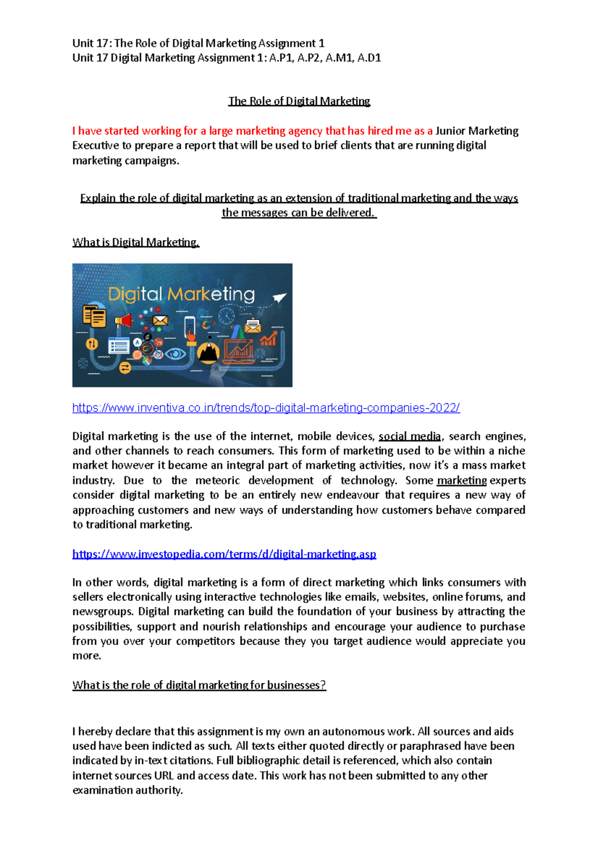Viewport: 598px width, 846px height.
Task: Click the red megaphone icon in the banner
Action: (x=124, y=320)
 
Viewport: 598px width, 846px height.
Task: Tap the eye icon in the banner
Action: (x=175, y=354)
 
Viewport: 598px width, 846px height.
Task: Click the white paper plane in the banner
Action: (x=280, y=297)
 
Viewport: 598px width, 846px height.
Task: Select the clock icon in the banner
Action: (x=227, y=315)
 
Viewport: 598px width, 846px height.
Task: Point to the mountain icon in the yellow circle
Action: (x=208, y=352)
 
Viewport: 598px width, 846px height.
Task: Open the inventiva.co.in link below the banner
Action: (x=266, y=408)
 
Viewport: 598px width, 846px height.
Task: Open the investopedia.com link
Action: (x=224, y=554)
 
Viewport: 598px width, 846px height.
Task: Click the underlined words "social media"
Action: (x=410, y=436)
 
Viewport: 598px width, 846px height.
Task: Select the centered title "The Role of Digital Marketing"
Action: (x=299, y=101)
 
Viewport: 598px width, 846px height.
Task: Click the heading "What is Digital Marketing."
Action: (x=136, y=242)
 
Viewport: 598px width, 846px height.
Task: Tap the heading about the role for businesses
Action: (x=199, y=685)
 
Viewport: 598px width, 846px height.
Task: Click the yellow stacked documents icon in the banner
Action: (x=94, y=316)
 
